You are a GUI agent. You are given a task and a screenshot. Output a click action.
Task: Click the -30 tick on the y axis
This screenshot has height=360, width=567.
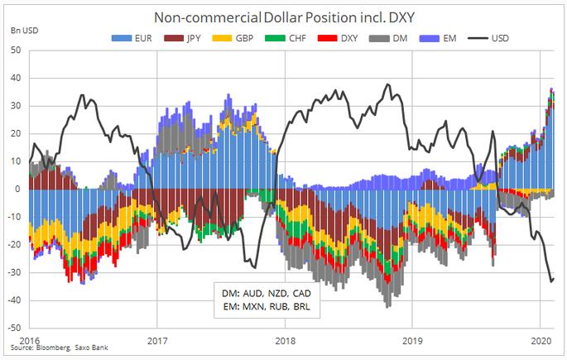click(x=14, y=272)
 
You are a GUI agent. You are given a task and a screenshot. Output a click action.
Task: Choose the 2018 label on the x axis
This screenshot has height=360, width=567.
click(x=285, y=339)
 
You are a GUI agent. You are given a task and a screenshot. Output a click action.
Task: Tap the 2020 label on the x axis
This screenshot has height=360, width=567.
click(x=541, y=339)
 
